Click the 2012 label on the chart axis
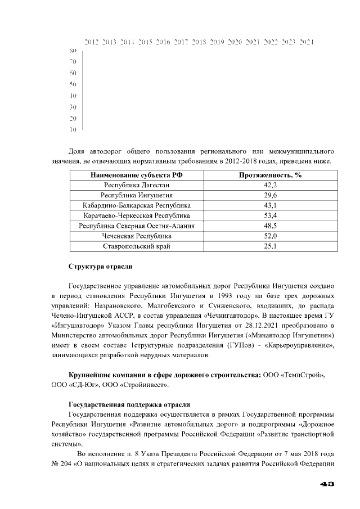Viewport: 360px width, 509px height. pyautogui.click(x=92, y=42)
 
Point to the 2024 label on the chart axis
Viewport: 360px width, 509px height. pyautogui.click(x=306, y=42)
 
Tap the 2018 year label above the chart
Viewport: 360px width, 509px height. pyautogui.click(x=199, y=42)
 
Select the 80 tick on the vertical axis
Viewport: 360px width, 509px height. pyautogui.click(x=73, y=51)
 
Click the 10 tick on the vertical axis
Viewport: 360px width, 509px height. pyautogui.click(x=73, y=130)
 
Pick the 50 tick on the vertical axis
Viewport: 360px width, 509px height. pyautogui.click(x=73, y=84)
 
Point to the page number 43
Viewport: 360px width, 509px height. pyautogui.click(x=327, y=484)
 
